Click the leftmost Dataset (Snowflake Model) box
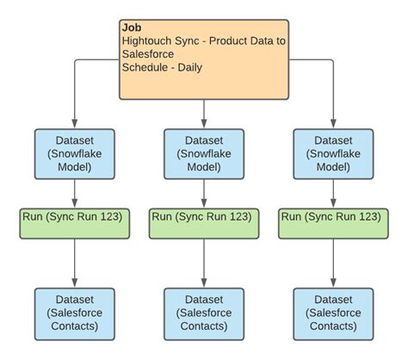(75, 154)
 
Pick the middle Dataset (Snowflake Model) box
(204, 154)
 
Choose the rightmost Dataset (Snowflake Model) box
(333, 154)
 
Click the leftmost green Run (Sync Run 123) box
(75, 223)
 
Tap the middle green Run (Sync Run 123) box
(204, 223)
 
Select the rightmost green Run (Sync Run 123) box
(333, 223)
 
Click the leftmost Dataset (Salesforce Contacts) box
(75, 313)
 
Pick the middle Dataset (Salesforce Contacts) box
(204, 313)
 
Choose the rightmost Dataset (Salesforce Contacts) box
(333, 313)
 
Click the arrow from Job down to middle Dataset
(204, 113)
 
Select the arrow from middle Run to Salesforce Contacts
(204, 263)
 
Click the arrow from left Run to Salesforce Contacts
(75, 263)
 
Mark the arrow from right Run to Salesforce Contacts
(333, 263)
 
